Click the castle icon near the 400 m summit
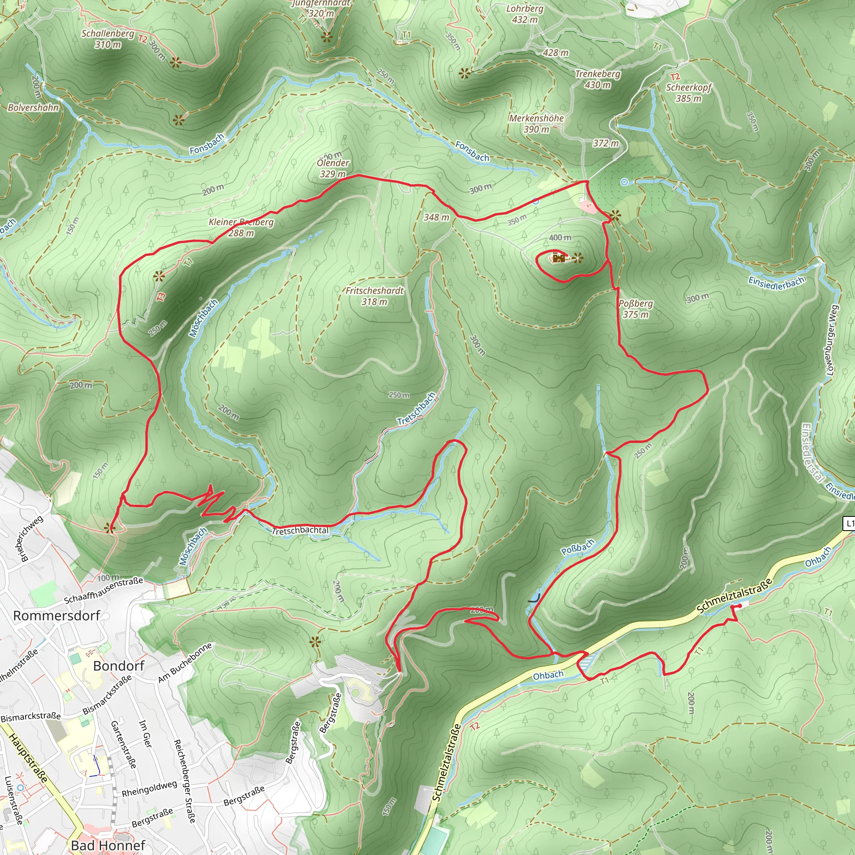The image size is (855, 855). point(559,258)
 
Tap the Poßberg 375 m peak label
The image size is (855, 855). point(635,309)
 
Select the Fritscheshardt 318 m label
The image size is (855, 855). point(374,296)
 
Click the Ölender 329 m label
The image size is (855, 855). point(333,168)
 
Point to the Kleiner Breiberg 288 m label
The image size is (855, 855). point(241,228)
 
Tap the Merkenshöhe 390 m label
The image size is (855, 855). point(536,124)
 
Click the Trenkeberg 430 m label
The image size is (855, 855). point(597,79)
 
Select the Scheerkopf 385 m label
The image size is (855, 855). point(688,93)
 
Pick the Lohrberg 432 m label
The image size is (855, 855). point(525,14)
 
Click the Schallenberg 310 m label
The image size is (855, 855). point(108,39)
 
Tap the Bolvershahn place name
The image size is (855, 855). point(33,108)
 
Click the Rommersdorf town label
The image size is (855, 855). point(57,616)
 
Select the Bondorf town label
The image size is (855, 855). point(119,665)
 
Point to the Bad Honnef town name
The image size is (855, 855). point(108,845)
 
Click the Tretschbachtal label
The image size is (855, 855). point(300,530)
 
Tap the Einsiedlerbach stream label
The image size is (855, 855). point(777,282)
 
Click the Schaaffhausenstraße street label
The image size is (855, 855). point(104,590)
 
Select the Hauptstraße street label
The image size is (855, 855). point(28,757)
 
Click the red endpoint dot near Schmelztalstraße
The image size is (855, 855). point(740,606)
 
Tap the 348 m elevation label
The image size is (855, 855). point(436,217)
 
